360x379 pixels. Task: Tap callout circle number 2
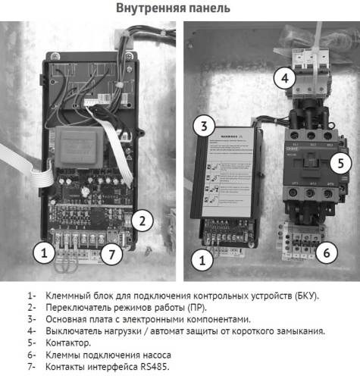click(141, 221)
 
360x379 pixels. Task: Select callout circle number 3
click(202, 126)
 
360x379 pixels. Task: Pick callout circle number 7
click(111, 254)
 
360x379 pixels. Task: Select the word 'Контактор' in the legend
click(68, 343)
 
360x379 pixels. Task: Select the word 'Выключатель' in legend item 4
click(74, 330)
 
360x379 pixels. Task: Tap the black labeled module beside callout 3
click(232, 172)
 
